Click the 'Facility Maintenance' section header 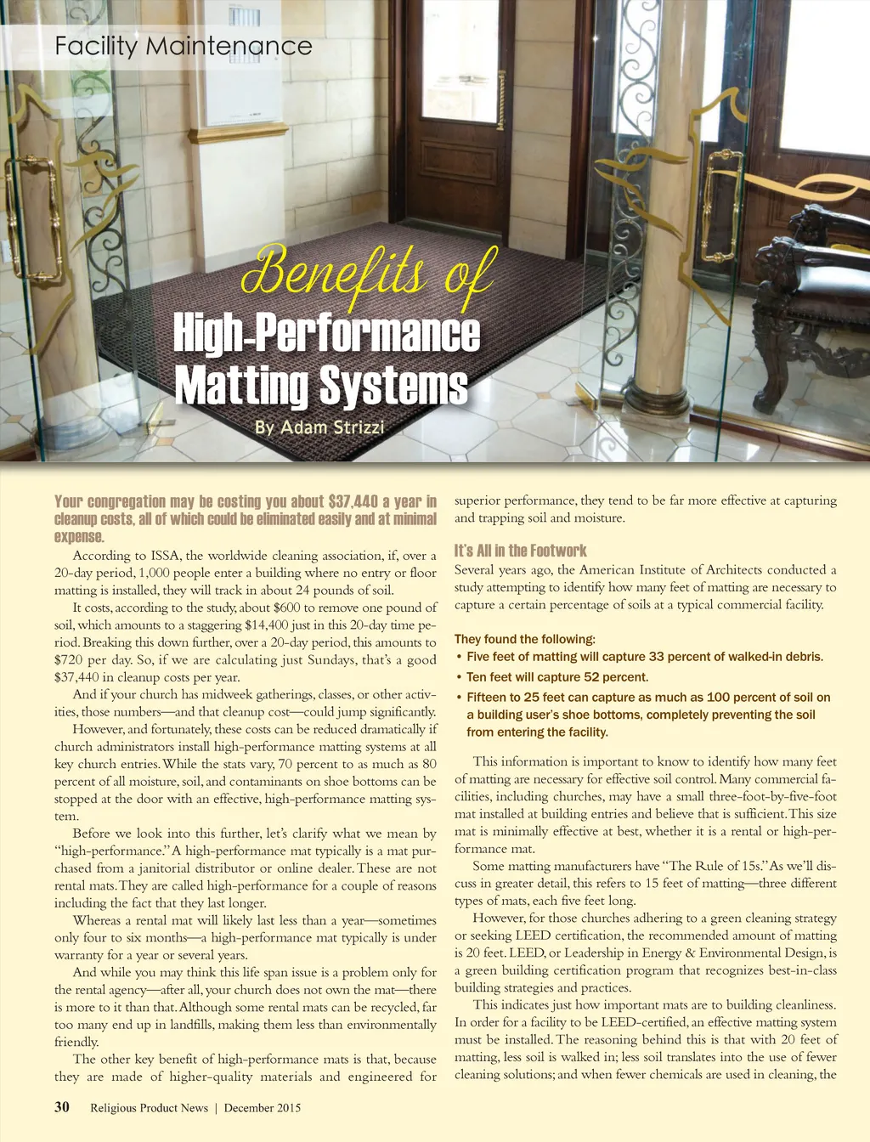coord(184,46)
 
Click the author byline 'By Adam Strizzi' coord(319,427)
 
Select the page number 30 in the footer coord(62,1107)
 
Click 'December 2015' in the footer coord(263,1108)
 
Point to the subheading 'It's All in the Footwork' coord(520,551)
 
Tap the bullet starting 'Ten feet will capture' coord(556,677)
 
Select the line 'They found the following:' coord(525,639)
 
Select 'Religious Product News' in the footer coord(149,1108)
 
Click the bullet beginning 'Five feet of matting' coord(644,657)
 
